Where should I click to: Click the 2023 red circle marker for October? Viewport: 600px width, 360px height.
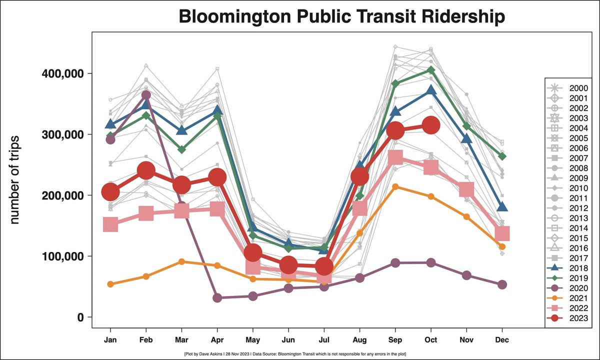pos(431,125)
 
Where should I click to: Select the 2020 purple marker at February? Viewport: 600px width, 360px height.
pos(146,95)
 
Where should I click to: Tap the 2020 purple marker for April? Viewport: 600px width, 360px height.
pos(217,298)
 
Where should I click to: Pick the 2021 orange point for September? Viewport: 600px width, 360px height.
pos(395,186)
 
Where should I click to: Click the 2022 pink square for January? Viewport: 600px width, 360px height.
pos(110,224)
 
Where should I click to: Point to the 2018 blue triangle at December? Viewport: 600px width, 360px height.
pos(502,207)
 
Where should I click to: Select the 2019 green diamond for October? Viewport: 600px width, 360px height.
pos(431,70)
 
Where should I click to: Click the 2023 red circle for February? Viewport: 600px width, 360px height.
pos(146,170)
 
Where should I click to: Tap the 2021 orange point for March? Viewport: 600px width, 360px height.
pos(181,261)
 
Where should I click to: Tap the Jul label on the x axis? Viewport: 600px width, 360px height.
pos(324,339)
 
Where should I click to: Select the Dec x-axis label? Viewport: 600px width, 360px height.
pos(502,339)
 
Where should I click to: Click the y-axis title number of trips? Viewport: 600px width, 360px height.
pos(15,180)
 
